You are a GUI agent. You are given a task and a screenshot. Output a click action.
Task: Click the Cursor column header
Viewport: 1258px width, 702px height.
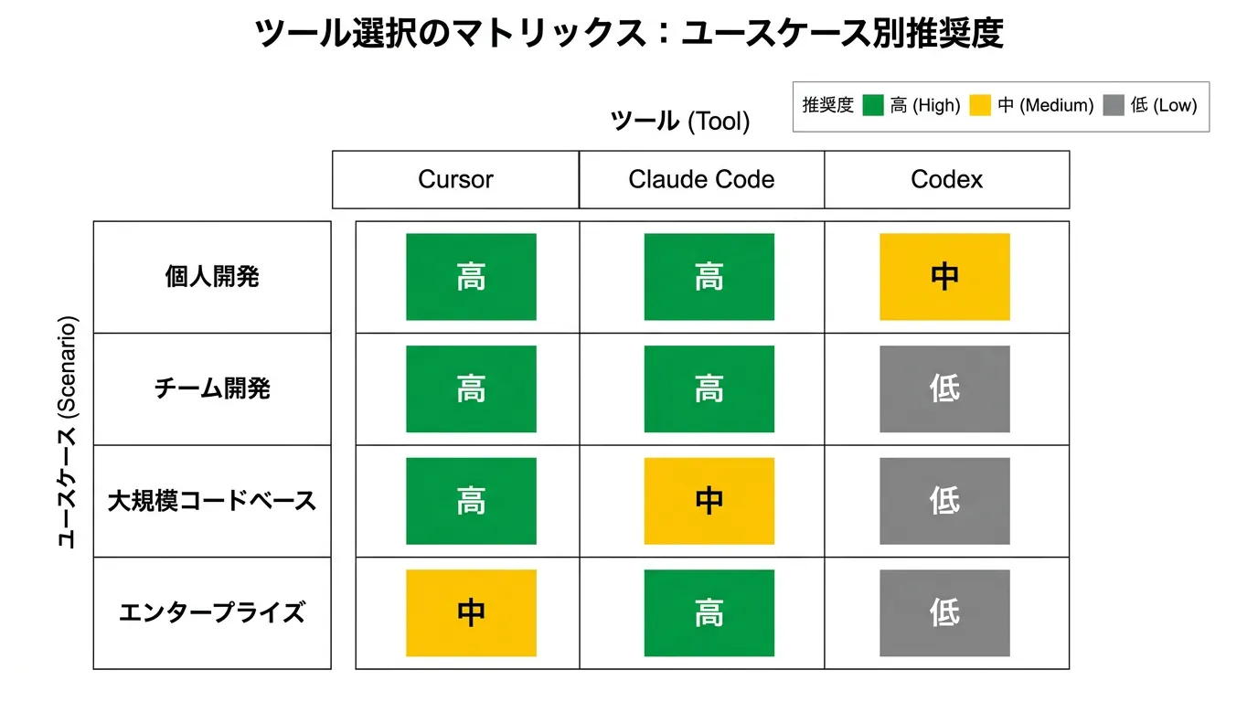point(455,180)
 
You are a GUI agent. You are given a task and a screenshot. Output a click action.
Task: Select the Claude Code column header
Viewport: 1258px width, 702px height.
point(701,180)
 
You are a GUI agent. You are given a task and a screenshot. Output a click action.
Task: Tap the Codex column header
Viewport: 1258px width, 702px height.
point(947,180)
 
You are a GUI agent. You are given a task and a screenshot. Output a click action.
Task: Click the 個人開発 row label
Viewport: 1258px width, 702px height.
point(212,276)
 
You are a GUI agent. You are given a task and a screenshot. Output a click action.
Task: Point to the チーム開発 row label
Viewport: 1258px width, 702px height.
point(212,388)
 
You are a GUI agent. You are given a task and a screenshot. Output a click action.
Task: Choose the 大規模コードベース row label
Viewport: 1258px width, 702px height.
point(212,501)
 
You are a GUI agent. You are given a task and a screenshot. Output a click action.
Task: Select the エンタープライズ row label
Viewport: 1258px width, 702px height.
point(212,612)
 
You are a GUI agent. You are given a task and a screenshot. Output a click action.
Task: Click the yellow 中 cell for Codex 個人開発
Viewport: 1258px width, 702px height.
point(944,277)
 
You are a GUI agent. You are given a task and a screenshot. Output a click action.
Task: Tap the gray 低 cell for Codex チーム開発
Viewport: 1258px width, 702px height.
point(944,389)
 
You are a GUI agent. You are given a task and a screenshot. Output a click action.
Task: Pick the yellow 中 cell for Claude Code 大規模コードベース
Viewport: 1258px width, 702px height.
point(709,501)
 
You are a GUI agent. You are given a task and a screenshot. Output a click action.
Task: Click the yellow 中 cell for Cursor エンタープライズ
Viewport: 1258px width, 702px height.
point(471,613)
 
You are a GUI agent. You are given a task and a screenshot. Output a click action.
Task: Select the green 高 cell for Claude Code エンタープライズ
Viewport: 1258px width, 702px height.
point(709,613)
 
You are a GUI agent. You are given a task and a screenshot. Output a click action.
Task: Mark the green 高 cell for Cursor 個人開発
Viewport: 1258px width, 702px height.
point(471,277)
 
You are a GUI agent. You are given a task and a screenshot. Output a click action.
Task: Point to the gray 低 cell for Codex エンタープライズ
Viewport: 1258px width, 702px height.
point(944,613)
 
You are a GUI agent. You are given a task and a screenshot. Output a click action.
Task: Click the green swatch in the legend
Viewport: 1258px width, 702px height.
point(873,105)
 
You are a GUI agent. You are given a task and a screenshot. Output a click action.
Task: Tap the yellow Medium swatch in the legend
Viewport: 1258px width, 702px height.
point(980,105)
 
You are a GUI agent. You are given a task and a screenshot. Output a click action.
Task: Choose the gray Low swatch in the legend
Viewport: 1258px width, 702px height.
point(1114,105)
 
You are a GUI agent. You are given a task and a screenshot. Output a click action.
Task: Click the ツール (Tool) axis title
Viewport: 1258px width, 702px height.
point(680,121)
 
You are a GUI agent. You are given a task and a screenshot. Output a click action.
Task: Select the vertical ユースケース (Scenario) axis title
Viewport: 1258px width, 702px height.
point(67,431)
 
